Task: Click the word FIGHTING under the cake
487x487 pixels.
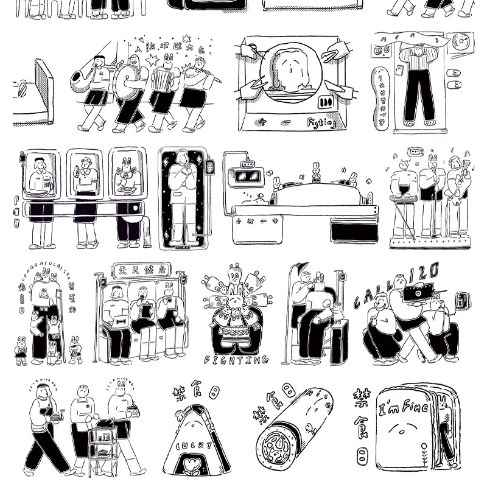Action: click(x=236, y=360)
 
